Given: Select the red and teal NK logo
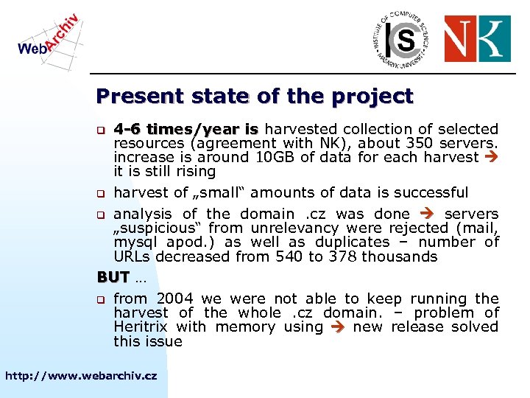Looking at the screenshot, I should pyautogui.click(x=477, y=39).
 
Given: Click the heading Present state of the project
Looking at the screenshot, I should pyautogui.click(x=255, y=97).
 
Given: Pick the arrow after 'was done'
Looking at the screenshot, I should pyautogui.click(x=428, y=214).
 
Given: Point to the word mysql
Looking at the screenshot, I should pyautogui.click(x=138, y=242).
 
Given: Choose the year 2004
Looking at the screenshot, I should pyautogui.click(x=172, y=299).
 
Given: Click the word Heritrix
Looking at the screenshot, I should pyautogui.click(x=141, y=327).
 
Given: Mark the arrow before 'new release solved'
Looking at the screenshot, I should pyautogui.click(x=338, y=327).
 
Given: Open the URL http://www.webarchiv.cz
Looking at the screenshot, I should pyautogui.click(x=81, y=376).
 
